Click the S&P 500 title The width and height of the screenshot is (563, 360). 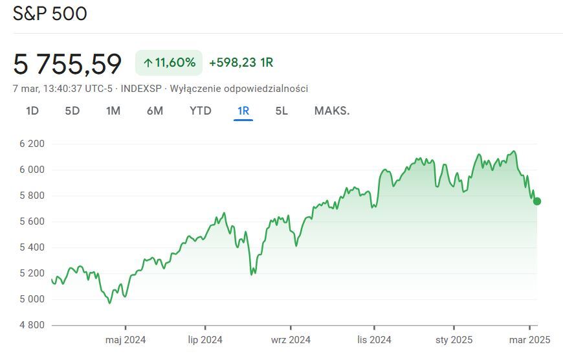(x=50, y=14)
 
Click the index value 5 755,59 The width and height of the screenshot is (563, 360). (x=67, y=63)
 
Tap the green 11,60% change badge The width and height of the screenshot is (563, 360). (x=169, y=63)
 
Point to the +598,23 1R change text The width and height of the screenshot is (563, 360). (x=241, y=63)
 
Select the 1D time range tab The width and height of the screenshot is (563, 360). (x=32, y=111)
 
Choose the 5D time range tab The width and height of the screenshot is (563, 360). (x=72, y=111)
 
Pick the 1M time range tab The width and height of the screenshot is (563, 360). (x=113, y=111)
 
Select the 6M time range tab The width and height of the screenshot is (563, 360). (x=155, y=111)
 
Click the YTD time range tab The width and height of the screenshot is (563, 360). (x=201, y=111)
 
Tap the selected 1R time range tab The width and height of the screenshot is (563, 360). (x=243, y=111)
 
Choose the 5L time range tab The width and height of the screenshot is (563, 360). (x=281, y=111)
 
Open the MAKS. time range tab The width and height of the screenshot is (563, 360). (x=332, y=111)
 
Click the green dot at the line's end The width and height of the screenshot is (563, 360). (x=536, y=201)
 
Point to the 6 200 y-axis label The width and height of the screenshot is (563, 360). (x=32, y=144)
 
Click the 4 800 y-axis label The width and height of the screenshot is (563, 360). (x=32, y=325)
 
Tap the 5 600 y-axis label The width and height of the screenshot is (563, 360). (x=32, y=221)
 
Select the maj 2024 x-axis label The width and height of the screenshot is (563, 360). (x=126, y=340)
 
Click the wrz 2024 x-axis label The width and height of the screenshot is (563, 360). (x=291, y=340)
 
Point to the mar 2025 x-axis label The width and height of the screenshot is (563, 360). (x=529, y=340)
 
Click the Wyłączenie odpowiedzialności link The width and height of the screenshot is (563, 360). (x=239, y=89)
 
